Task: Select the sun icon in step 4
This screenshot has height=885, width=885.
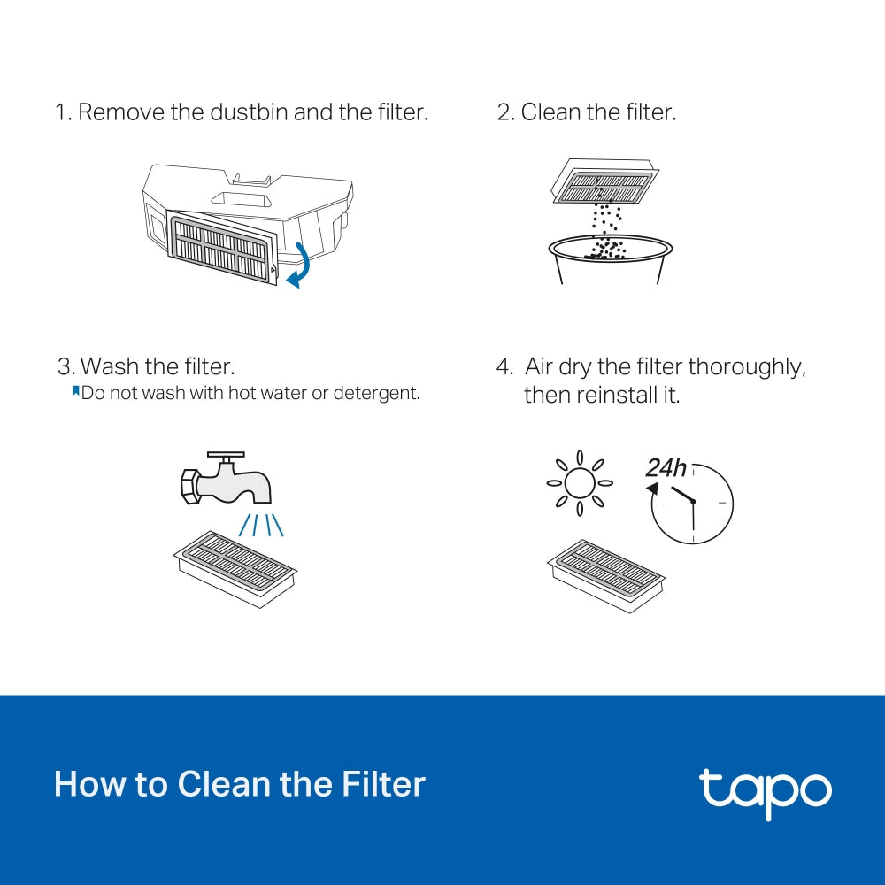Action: [580, 483]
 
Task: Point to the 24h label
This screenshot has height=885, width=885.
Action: [666, 467]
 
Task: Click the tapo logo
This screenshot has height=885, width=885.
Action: [765, 790]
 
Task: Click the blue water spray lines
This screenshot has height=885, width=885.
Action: [261, 524]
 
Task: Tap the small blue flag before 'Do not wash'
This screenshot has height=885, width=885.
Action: [75, 391]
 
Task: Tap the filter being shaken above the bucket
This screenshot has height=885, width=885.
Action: [604, 182]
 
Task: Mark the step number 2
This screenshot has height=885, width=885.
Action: [505, 112]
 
